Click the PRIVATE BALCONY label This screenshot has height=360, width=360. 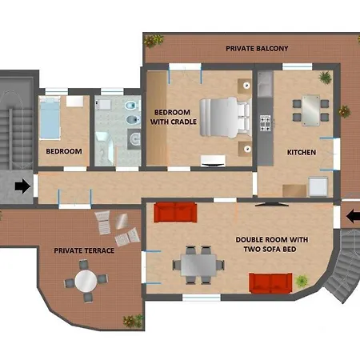coord(257,49)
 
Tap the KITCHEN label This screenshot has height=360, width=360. coord(302,152)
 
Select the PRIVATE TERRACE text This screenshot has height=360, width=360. coord(84,250)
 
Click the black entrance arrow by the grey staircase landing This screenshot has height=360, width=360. coord(22,186)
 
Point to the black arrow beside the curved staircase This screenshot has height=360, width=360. coord(353,216)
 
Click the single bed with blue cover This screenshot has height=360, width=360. coord(50,118)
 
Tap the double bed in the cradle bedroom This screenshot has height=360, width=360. coord(226,118)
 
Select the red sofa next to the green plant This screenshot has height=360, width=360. coord(270,283)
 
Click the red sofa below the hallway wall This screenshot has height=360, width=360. coord(175,212)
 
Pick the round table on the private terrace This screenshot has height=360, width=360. coord(86,281)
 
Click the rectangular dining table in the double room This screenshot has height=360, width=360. coord(198,265)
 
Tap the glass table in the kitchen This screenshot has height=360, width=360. coord(310,110)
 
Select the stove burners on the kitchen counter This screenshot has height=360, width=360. coord(266,123)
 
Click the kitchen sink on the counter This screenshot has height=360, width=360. coord(265,84)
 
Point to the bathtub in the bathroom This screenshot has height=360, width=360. coord(105,148)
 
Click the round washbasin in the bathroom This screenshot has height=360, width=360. coord(135,139)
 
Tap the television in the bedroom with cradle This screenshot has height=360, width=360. coord(213,162)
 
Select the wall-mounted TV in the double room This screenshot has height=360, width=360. coord(271,205)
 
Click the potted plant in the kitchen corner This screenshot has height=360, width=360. coord(325,78)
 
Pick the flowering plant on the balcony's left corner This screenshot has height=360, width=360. coord(154,41)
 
